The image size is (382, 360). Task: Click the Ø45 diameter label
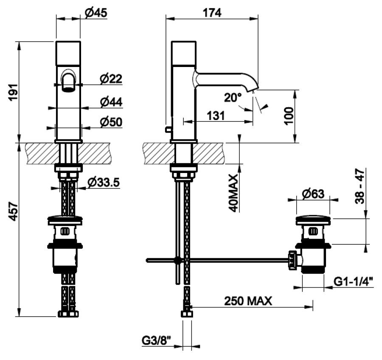pyautogui.click(x=96, y=13)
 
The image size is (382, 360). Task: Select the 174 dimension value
pyautogui.click(x=212, y=13)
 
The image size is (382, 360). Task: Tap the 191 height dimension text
pyautogui.click(x=14, y=92)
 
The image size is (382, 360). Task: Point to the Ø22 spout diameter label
pyautogui.click(x=111, y=78)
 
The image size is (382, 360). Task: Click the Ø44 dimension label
pyautogui.click(x=111, y=102)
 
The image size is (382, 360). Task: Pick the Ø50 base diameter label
pyautogui.click(x=111, y=122)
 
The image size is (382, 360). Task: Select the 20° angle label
pyautogui.click(x=233, y=98)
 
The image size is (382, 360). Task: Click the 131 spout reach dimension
pyautogui.click(x=216, y=116)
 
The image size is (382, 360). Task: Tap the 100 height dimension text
pyautogui.click(x=289, y=116)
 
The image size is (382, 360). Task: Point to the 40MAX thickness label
pyautogui.click(x=233, y=193)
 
